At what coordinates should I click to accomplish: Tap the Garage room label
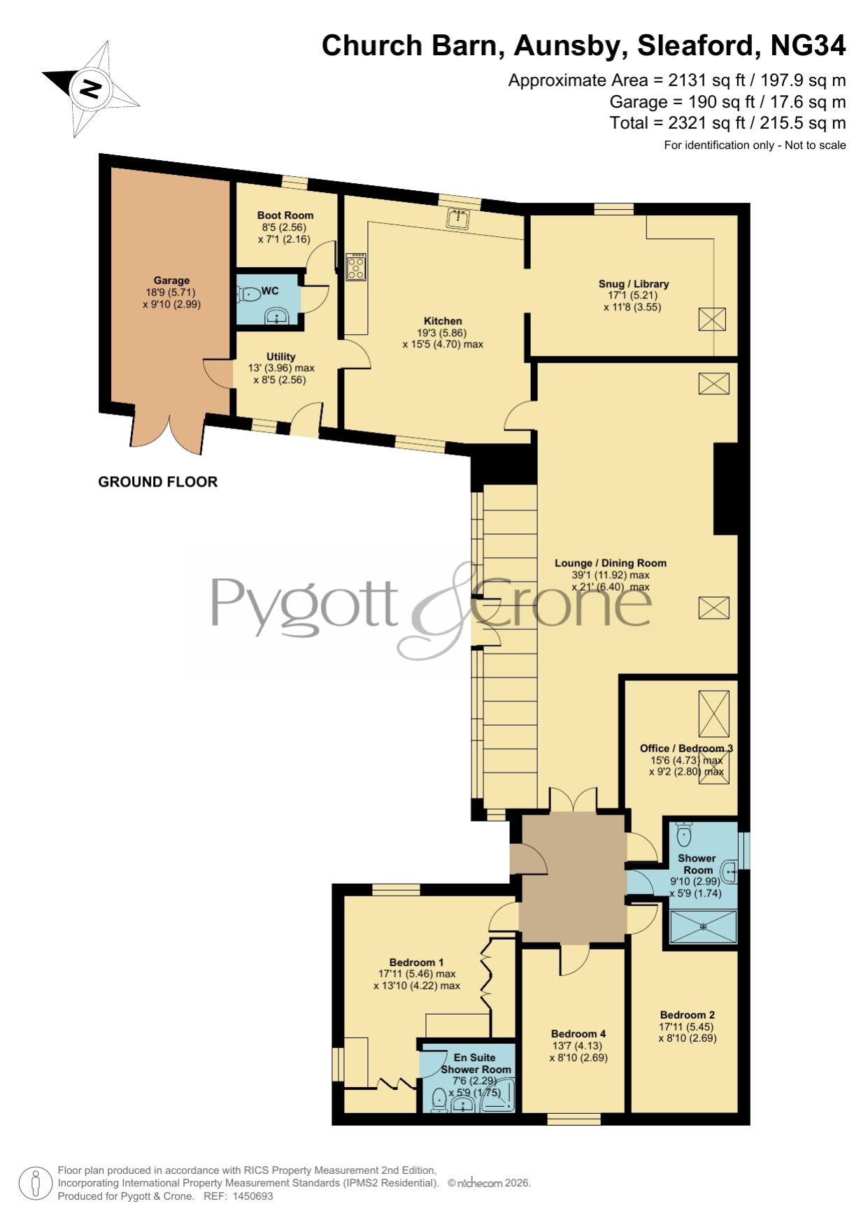point(171,280)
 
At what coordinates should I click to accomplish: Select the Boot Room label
point(285,215)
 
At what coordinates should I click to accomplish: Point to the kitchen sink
point(459,217)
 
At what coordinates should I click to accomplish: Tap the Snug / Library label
point(634,284)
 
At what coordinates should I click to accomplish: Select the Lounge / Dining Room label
point(611,563)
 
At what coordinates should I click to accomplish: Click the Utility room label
point(281,357)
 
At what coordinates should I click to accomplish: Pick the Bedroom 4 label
point(578,1033)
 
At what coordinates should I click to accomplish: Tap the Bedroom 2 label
point(688,1014)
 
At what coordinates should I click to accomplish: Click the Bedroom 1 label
point(417,962)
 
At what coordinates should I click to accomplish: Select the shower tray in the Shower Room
point(704,926)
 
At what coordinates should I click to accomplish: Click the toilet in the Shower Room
point(684,833)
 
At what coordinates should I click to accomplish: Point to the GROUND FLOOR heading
point(158,482)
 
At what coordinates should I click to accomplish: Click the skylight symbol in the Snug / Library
point(712,320)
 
